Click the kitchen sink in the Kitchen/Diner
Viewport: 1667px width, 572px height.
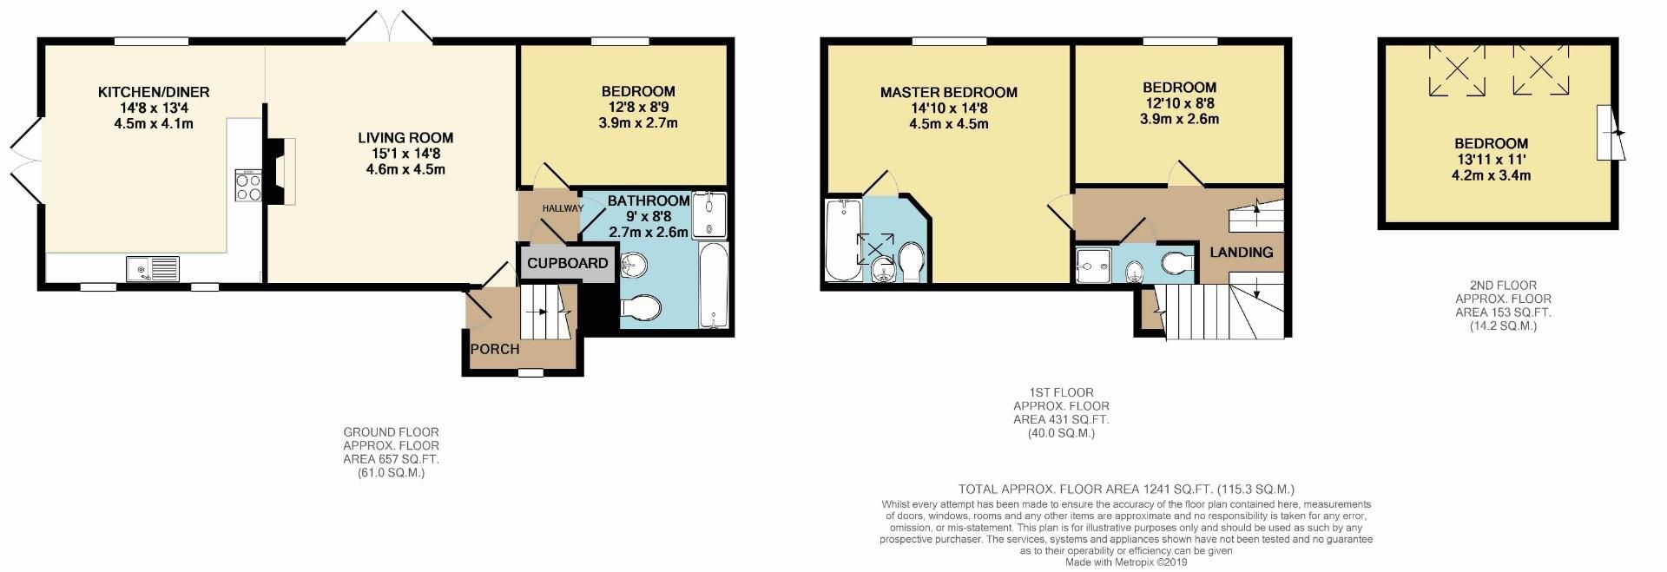point(152,269)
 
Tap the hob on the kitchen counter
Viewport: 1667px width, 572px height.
point(248,185)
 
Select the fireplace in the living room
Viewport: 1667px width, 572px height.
point(280,170)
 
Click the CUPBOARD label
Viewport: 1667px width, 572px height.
point(568,263)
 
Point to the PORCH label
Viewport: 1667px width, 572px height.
point(495,349)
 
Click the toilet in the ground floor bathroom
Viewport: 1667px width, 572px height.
point(641,307)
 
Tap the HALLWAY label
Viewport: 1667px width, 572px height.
point(563,208)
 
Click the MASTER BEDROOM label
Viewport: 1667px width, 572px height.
point(949,92)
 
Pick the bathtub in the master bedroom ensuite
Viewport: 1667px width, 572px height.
point(842,240)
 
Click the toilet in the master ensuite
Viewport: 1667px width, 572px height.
point(913,261)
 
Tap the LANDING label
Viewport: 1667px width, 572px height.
point(1242,252)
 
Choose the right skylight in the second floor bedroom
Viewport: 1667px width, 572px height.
point(1541,69)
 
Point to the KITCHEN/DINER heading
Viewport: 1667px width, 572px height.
point(154,92)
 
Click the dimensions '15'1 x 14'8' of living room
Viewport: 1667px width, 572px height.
point(405,154)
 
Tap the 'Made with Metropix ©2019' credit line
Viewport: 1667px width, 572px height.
point(1126,562)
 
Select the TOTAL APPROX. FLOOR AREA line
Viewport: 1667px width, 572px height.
point(1126,490)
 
